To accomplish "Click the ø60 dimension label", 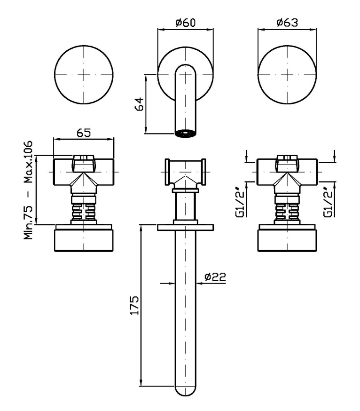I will point(185,23).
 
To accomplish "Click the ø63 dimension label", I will point(287,23).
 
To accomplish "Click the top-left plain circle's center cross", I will point(84,74).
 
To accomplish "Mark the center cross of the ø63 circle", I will point(288,74).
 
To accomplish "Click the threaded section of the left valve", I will point(84,209).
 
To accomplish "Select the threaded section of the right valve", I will point(288,209).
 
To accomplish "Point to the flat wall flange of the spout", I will point(185,228).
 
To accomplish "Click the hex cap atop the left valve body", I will point(84,162).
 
